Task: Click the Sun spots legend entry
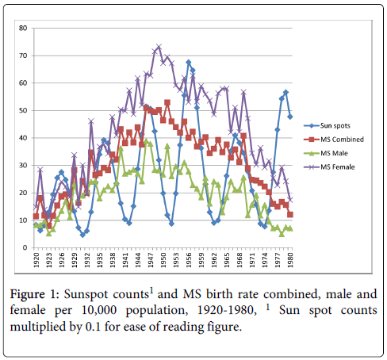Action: (327, 125)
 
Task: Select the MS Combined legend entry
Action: (334, 140)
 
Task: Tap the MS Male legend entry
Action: (326, 153)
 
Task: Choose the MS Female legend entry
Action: (329, 167)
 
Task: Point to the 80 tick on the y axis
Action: (23, 28)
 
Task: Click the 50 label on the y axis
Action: (23, 110)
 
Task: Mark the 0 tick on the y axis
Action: (25, 247)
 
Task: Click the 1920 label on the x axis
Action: (36, 260)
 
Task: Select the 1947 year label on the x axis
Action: (151, 260)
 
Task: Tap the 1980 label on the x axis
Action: (290, 260)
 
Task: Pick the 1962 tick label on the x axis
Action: (214, 260)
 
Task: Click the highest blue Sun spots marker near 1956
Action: (189, 62)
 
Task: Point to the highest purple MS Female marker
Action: (159, 47)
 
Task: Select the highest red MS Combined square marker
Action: (167, 102)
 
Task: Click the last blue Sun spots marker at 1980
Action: (290, 117)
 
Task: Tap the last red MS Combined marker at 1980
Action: (290, 214)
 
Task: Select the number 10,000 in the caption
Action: (99, 310)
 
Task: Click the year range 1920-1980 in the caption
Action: (227, 310)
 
